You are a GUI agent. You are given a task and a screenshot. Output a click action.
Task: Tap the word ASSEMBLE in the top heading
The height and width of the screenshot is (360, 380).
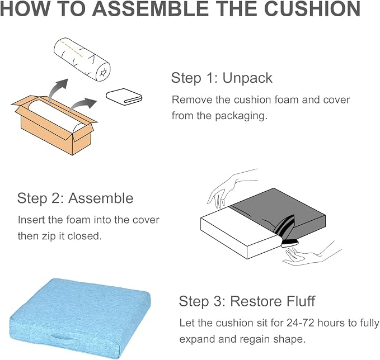(151, 9)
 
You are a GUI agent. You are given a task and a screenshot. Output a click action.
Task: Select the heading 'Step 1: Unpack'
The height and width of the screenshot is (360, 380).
(222, 78)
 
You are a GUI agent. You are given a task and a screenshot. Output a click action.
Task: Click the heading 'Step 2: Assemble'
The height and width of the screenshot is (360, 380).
(76, 198)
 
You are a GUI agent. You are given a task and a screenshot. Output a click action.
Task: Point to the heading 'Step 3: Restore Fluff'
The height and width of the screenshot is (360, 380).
(247, 301)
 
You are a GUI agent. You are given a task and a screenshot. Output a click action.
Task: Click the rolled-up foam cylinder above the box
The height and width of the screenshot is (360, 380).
(82, 59)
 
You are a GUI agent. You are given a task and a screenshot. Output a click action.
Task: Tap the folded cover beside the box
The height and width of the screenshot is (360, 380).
(124, 97)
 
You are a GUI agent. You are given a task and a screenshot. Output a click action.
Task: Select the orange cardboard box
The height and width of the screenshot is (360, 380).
(54, 125)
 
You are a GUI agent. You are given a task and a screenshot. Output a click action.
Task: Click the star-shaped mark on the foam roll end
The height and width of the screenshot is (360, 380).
(104, 72)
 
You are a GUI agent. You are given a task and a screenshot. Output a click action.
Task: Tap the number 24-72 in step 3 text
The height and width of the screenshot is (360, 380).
(301, 323)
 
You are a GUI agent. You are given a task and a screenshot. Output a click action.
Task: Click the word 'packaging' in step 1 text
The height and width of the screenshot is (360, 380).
(241, 116)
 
